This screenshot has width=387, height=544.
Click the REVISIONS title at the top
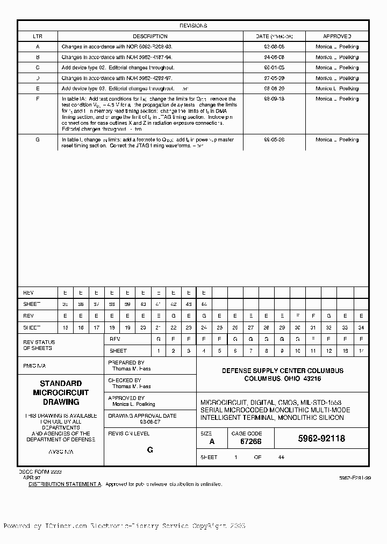(193, 26)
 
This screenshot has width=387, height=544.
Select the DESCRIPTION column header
(150, 37)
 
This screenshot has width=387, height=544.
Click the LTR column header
(37, 37)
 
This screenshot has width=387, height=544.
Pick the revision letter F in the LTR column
(37, 99)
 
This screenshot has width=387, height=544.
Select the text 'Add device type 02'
(83, 68)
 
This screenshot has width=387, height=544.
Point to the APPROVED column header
(337, 37)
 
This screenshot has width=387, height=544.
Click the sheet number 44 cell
(204, 304)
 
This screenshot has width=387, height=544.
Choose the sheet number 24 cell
(204, 327)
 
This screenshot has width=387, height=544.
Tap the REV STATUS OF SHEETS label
(39, 345)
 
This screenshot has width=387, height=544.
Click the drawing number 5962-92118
(321, 439)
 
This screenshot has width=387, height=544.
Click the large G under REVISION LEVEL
(150, 450)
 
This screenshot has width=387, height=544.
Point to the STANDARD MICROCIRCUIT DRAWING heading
(61, 392)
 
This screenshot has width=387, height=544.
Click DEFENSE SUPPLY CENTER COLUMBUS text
(283, 371)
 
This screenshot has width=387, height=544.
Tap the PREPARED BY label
(126, 363)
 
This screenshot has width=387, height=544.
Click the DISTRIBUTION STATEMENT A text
(64, 484)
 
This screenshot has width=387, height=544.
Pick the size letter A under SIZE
(212, 441)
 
